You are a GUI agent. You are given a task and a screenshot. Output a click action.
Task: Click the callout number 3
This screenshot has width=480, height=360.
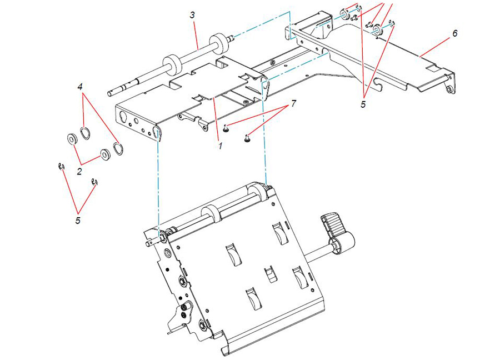point(192,15)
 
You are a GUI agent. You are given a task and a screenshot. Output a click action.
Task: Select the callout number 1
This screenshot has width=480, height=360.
point(220,146)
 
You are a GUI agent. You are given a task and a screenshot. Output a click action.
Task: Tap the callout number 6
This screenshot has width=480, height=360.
point(455,33)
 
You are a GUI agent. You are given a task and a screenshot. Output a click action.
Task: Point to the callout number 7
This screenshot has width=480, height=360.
point(293,103)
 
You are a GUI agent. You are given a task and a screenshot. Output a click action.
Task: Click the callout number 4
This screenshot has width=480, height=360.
point(80,87)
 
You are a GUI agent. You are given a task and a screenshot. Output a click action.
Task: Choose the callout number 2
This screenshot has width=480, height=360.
point(79,172)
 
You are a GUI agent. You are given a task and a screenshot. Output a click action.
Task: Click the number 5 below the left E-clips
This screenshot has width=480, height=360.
point(78,220)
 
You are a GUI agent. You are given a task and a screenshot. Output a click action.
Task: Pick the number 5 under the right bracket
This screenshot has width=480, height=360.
point(363,104)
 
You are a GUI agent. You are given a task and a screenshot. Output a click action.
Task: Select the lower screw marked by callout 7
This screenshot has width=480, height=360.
point(247,139)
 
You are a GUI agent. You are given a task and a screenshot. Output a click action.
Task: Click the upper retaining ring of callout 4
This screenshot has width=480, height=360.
point(86,133)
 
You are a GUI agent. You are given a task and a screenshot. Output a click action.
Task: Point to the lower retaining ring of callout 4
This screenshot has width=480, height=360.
point(118,149)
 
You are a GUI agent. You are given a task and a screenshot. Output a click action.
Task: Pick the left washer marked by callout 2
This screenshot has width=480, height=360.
point(72,139)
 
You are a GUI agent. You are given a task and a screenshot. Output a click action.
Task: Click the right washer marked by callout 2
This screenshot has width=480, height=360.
point(106,154)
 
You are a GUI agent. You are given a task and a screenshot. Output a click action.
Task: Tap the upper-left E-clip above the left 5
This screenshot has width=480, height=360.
point(62,166)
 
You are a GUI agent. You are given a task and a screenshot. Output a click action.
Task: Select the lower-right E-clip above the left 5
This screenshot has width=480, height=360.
point(95,182)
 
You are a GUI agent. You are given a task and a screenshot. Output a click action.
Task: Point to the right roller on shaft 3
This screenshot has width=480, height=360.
point(219,43)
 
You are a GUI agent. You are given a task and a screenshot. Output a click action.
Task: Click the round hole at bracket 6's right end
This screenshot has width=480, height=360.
point(449,89)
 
